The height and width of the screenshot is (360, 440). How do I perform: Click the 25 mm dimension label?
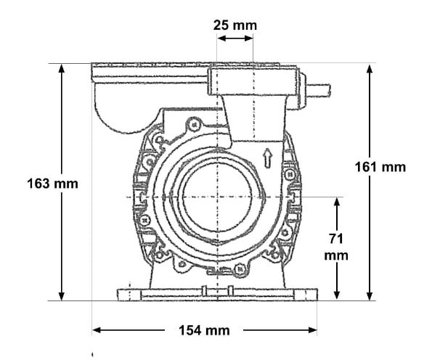(235, 25)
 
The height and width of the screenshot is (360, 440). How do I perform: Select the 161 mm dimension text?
(380, 167)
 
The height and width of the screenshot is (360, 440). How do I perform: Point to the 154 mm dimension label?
(205, 331)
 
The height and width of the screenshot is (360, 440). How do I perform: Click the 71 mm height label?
(336, 247)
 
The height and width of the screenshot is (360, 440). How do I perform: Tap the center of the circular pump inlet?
(217, 197)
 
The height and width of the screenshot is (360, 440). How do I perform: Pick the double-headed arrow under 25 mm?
(235, 38)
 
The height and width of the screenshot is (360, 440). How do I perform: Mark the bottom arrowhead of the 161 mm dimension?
(371, 295)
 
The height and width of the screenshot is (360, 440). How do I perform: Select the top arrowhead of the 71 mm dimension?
(337, 201)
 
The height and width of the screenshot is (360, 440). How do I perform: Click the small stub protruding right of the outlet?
(317, 91)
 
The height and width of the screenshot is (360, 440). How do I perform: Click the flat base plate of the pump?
(217, 295)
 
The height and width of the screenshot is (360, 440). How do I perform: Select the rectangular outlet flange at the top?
(254, 77)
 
